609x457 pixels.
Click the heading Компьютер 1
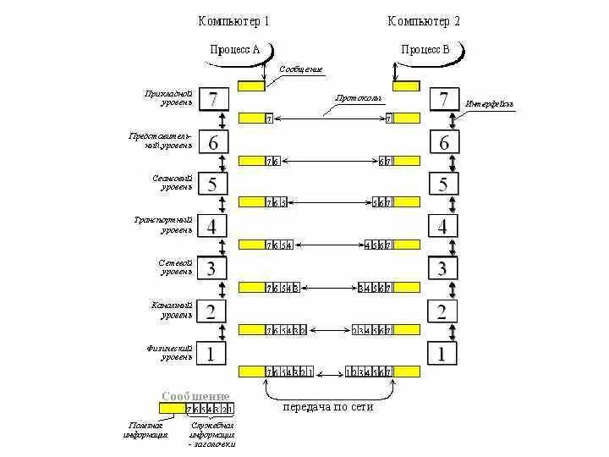tap(234, 21)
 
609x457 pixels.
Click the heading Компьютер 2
tap(425, 21)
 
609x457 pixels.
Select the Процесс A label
tap(234, 49)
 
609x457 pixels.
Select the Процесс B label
tap(425, 49)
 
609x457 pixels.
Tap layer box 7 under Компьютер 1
tap(213, 100)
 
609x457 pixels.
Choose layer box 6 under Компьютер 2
tap(444, 142)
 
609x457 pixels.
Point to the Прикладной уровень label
tap(168, 97)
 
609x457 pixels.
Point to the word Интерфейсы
tap(489, 104)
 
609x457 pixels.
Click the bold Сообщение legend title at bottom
tap(195, 395)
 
